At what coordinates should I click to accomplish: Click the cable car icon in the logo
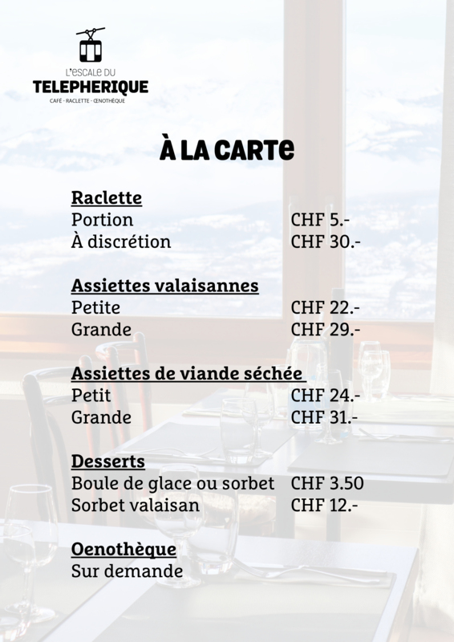pos(90,46)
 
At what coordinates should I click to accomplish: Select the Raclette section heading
pos(107,197)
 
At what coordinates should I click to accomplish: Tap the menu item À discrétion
pos(121,242)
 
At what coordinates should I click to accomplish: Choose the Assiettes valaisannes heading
pos(164,286)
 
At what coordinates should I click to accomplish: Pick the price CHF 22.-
pos(325,307)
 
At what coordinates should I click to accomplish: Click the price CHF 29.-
pos(325,329)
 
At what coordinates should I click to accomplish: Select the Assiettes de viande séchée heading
pos(187,373)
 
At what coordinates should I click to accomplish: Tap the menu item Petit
pos(91,396)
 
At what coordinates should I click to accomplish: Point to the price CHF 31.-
pos(324,417)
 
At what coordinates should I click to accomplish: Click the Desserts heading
pos(108,461)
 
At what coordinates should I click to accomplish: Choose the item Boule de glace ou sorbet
pos(172,484)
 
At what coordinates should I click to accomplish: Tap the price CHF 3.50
pos(327,484)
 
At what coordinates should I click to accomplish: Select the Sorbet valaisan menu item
pos(136,506)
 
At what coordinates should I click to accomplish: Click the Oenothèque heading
pos(124,550)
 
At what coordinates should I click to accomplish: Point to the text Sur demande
pos(127,571)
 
